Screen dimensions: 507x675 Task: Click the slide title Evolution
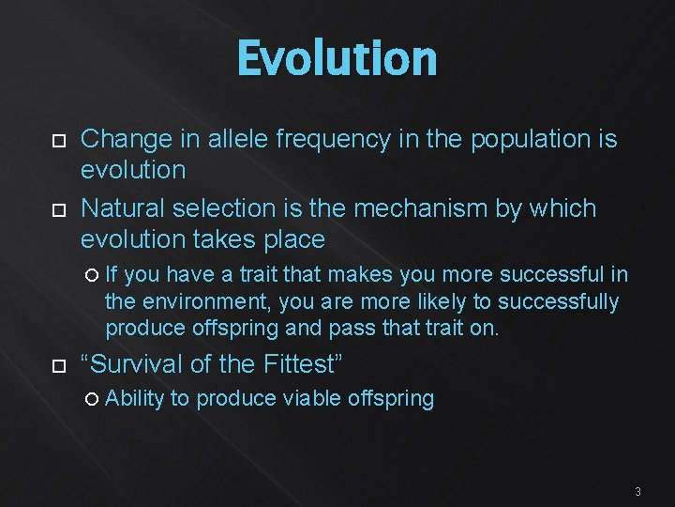337,58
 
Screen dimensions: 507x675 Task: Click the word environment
196,301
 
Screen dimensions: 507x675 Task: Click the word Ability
134,399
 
